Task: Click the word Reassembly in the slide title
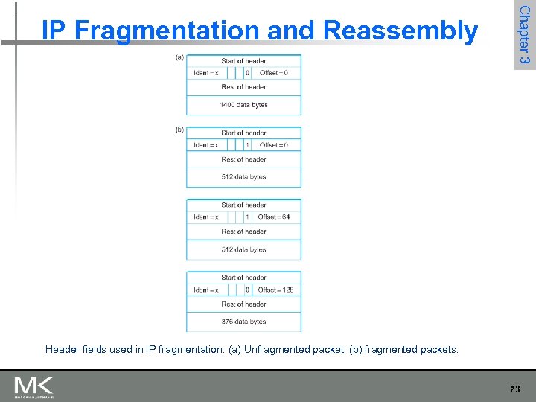point(401,31)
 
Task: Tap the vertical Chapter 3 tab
point(524,34)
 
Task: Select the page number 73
point(515,389)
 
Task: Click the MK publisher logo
point(33,387)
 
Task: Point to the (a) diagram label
point(179,57)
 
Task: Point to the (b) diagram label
point(179,130)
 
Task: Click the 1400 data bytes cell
point(243,105)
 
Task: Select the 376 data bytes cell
point(243,322)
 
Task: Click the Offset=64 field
point(273,217)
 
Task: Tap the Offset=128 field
point(275,290)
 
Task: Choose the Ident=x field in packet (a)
point(206,73)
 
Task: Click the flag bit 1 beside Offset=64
point(247,217)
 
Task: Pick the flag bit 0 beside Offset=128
point(247,290)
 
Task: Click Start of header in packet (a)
point(243,61)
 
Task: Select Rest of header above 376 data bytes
point(243,304)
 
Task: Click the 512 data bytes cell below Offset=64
point(243,249)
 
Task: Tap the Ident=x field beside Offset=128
point(206,290)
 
